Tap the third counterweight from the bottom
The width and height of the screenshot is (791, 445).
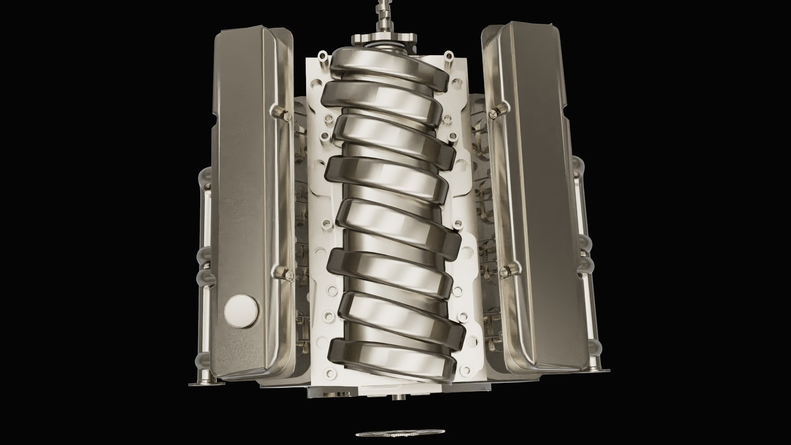(x=389, y=270)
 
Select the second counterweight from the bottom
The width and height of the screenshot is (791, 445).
(x=400, y=315)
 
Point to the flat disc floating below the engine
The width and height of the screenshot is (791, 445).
(x=400, y=433)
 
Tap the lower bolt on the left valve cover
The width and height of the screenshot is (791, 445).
(x=282, y=271)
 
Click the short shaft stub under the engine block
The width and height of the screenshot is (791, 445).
(x=399, y=398)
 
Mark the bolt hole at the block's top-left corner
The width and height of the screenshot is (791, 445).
(x=322, y=55)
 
